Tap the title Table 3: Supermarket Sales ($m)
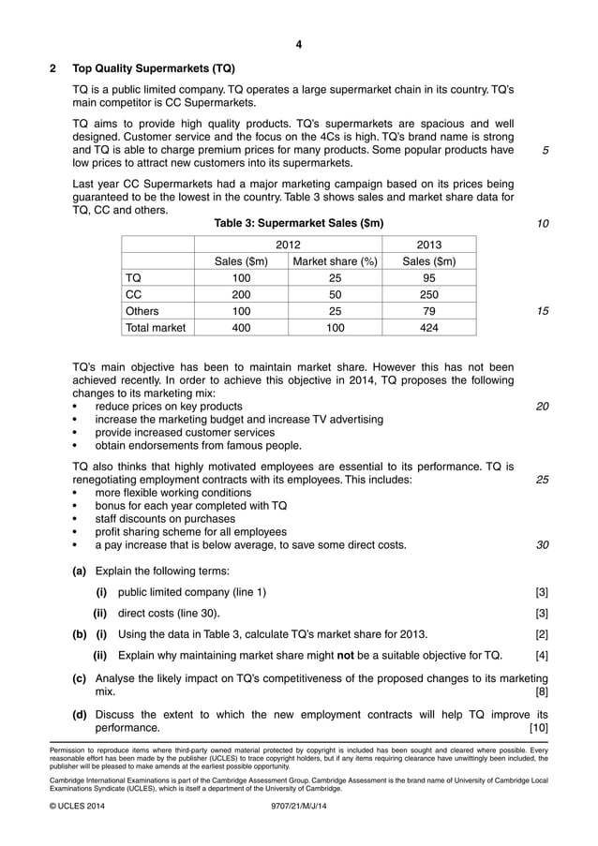tap(299, 223)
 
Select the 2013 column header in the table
tap(428, 244)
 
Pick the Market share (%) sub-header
tap(335, 261)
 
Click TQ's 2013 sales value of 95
tap(428, 278)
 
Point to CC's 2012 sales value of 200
tap(241, 294)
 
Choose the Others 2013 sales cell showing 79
tap(428, 311)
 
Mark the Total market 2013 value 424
tap(428, 328)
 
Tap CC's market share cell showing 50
tap(335, 294)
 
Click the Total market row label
tap(156, 328)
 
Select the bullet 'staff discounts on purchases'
tap(165, 518)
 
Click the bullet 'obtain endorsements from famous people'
tap(198, 445)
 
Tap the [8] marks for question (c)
tap(542, 691)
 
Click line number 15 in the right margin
tap(543, 311)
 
